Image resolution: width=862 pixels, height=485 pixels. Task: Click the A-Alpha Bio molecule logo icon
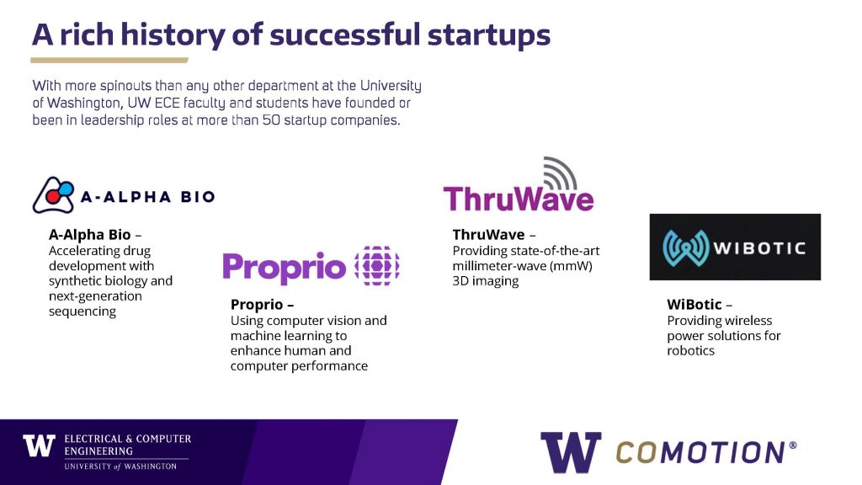coord(53,195)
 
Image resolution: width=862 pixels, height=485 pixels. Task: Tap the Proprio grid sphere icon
coord(377,266)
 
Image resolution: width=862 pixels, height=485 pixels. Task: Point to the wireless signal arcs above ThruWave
coord(560,173)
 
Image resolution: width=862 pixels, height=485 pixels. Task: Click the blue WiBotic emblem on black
coord(685,248)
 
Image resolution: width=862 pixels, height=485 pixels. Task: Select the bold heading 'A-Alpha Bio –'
coord(95,235)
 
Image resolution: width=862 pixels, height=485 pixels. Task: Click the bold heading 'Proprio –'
coord(263,305)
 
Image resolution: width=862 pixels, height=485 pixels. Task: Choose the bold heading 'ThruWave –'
coord(494,235)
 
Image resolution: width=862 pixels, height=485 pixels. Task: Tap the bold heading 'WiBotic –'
coord(700,305)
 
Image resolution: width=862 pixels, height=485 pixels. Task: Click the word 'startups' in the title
coord(489,35)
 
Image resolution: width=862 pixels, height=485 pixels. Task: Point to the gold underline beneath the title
coord(109,61)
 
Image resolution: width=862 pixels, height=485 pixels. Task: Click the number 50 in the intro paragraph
coord(271,120)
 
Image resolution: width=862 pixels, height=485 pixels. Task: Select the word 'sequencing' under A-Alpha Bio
coord(82,312)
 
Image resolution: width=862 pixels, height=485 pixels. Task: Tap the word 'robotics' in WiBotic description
coord(690,351)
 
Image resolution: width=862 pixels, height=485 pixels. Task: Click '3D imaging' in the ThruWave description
coord(486,281)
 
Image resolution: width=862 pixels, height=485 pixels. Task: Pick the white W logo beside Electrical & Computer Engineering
coord(39,445)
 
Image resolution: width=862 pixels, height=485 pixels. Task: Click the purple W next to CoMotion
coord(571,452)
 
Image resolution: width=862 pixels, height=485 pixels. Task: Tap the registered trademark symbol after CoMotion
coord(793,445)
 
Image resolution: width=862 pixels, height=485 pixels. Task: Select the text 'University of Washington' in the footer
coord(120,466)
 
